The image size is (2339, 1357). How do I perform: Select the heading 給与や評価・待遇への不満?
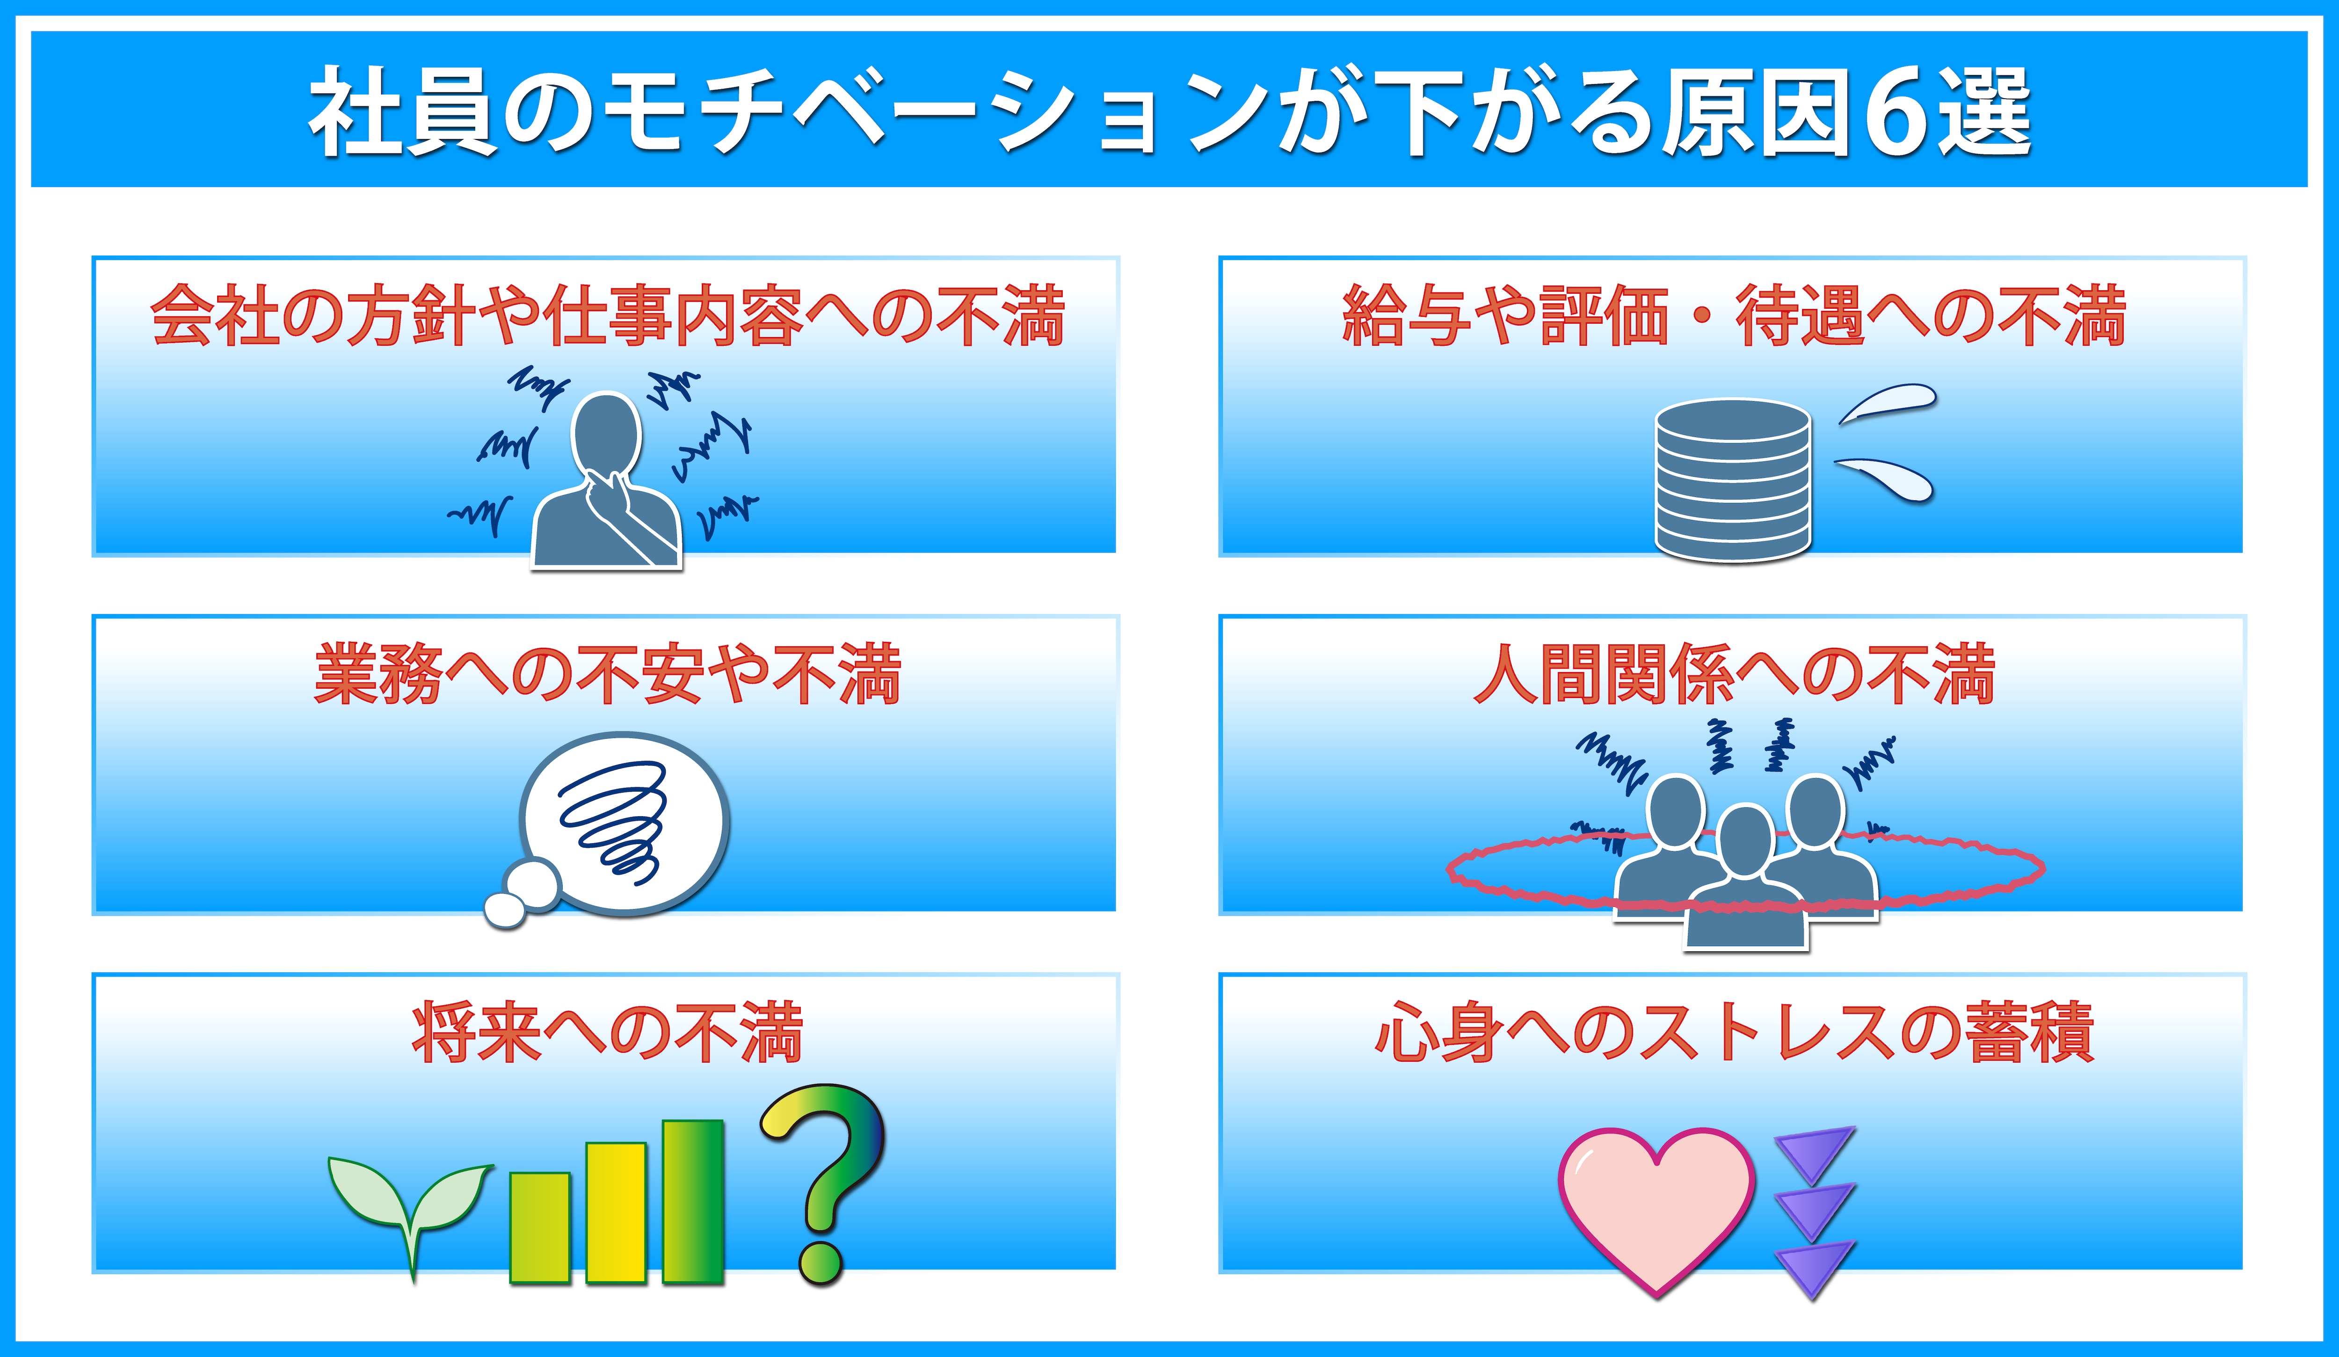tap(1733, 315)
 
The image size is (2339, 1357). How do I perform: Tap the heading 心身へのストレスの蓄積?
tap(1733, 1032)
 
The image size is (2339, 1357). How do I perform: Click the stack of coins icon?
tap(1733, 480)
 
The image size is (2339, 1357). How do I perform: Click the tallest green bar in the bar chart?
tap(692, 1202)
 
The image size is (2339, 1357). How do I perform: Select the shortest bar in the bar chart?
tap(539, 1228)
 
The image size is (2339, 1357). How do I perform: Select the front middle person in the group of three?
tap(1746, 877)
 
